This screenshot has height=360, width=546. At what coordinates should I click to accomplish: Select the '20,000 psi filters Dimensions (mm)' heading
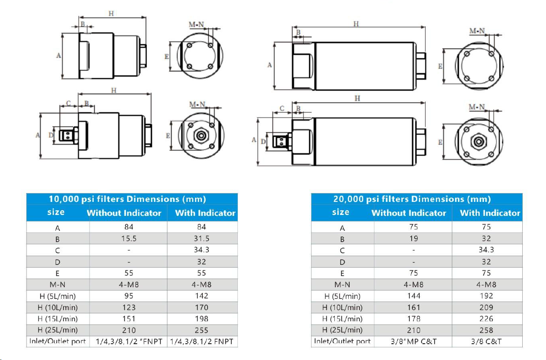[x=412, y=199]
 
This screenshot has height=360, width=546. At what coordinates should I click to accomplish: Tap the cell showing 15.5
[x=129, y=238]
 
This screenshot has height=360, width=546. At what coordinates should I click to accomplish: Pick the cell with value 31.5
[x=201, y=238]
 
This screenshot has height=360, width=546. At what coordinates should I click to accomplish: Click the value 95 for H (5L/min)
[x=129, y=296]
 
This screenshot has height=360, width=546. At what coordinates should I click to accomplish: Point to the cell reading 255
[x=201, y=330]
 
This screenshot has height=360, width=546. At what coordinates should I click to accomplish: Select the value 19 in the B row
[x=413, y=238]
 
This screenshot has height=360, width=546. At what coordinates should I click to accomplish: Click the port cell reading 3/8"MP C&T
[x=413, y=341]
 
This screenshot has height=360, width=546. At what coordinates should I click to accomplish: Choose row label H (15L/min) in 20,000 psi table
[x=342, y=319]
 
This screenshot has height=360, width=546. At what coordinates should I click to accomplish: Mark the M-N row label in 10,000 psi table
[x=57, y=284]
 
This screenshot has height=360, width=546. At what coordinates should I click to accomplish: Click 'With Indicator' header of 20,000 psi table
[x=490, y=213]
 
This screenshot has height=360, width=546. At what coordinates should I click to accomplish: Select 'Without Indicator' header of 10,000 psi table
[x=124, y=213]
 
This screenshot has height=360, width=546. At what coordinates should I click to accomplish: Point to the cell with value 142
[x=201, y=296]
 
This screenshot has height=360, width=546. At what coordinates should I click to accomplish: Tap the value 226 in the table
[x=486, y=319]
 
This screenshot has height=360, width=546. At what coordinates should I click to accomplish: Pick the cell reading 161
[x=413, y=307]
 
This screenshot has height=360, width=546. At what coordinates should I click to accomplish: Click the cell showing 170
[x=201, y=307]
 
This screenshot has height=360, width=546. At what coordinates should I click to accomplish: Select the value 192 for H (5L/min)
[x=486, y=296]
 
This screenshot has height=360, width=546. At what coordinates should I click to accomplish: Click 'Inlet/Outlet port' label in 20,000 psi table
[x=342, y=341]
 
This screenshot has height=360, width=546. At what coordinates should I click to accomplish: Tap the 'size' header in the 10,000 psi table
[x=56, y=212]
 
